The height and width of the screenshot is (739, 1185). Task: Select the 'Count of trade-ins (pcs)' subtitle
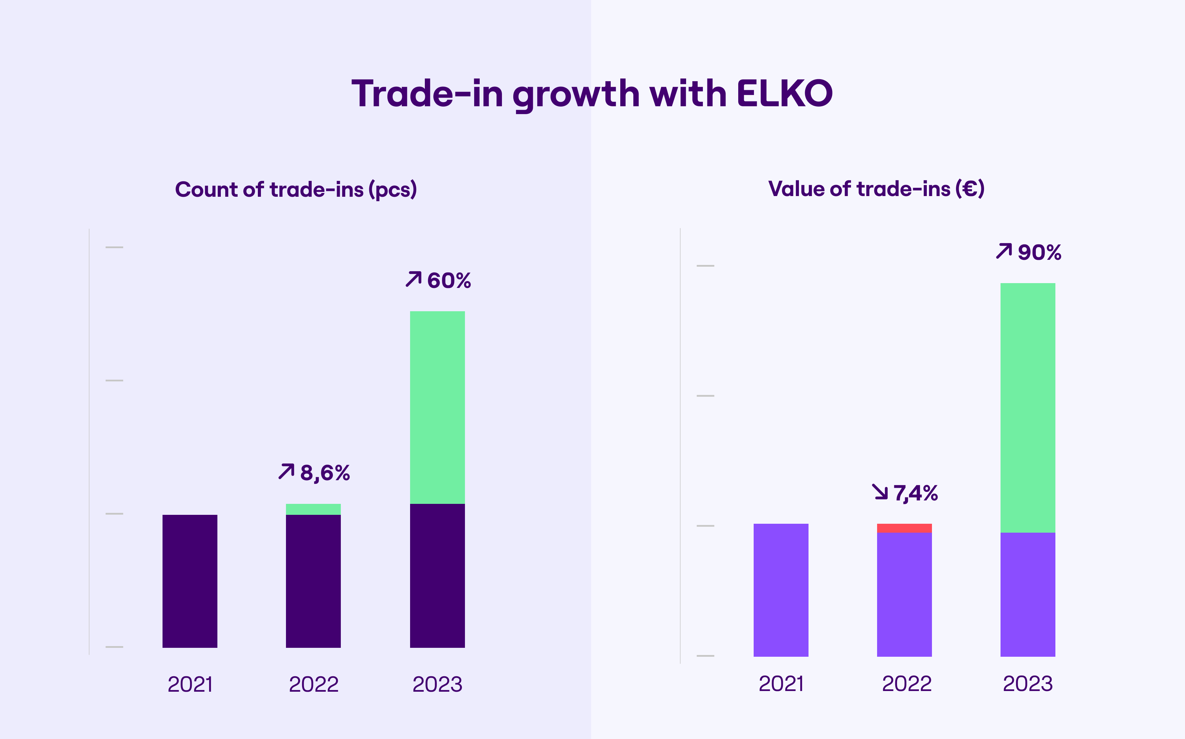tap(296, 190)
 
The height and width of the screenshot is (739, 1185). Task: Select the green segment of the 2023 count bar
tap(437, 407)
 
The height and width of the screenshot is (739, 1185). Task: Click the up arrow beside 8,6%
tap(286, 471)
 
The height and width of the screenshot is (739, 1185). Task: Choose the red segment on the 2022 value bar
tap(904, 528)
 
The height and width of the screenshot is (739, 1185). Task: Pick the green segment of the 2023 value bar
tap(1028, 408)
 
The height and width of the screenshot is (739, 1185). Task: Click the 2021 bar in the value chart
tap(781, 590)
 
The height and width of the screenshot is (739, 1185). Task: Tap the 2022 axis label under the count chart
tap(313, 684)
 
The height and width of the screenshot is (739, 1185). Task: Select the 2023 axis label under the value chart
tap(1028, 684)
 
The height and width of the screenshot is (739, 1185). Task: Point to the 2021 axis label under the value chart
tap(781, 684)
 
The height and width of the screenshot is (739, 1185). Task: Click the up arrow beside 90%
tap(1004, 251)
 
